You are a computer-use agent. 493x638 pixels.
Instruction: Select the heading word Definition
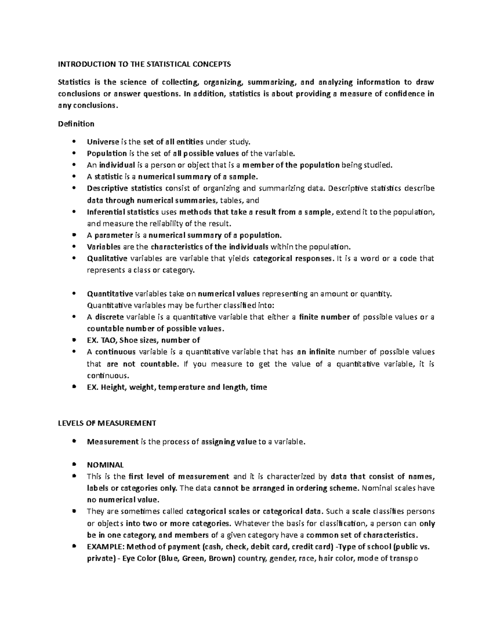76,124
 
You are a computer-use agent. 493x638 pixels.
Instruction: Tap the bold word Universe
103,142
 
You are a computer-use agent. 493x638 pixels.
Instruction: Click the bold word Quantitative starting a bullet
110,294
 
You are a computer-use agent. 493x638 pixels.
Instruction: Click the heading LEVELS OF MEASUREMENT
106,423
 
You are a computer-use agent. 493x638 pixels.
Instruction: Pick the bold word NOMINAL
105,465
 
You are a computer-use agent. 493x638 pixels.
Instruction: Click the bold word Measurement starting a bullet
113,442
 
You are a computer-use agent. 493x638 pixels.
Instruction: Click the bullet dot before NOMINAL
74,465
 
